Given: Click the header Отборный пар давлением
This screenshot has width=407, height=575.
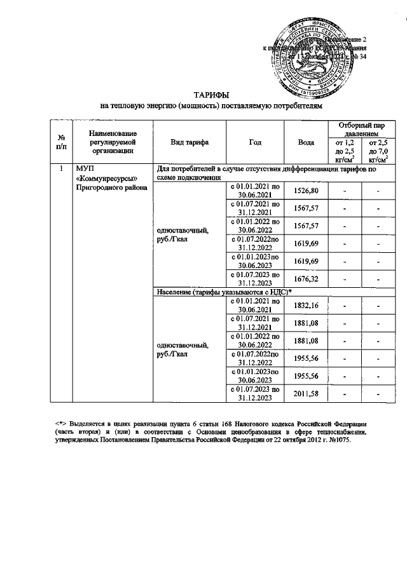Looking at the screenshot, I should point(359,129).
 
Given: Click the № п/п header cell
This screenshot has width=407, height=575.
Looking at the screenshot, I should point(62,142).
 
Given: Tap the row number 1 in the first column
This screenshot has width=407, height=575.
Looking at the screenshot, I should point(61,169).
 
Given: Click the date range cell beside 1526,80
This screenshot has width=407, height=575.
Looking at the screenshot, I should point(254,191).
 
